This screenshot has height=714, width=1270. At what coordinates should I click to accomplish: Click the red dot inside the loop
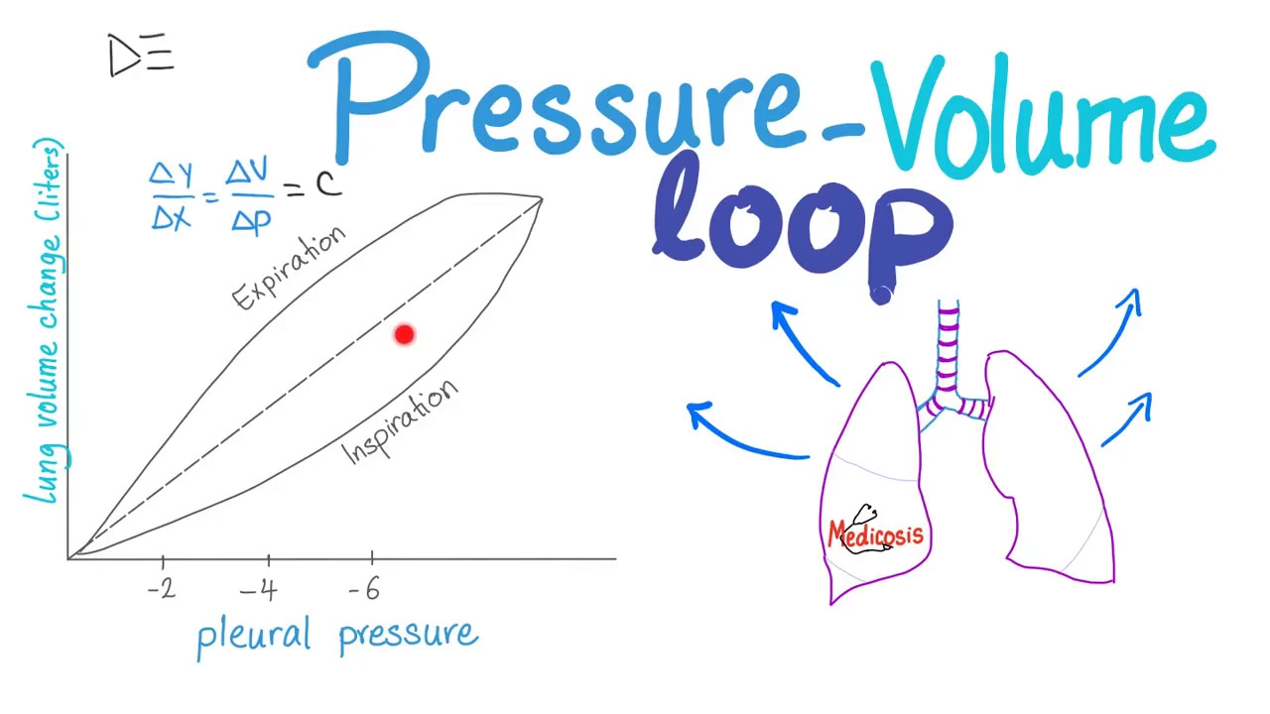pos(404,335)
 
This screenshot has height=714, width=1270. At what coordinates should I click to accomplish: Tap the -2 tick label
pos(162,589)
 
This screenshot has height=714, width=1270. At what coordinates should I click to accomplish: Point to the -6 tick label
pos(365,590)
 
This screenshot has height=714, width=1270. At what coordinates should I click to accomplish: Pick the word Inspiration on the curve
pos(401,422)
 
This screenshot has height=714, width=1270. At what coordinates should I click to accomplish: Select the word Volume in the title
pos(1042,114)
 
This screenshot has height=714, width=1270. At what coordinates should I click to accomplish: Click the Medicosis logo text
pos(875,534)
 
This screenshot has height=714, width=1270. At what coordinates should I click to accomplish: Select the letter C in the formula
pos(328,182)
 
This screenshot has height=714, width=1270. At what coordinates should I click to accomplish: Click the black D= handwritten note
pos(141,56)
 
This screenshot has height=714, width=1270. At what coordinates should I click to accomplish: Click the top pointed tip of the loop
pos(541,199)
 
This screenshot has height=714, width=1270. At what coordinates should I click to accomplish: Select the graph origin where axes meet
pos(68,558)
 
